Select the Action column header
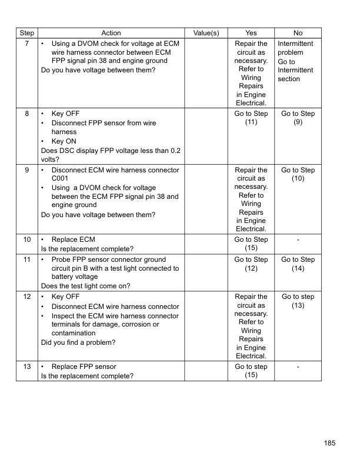111,34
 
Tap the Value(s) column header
206,34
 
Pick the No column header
298,34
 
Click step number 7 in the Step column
27,44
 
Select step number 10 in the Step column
27,240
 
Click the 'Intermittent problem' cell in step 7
295,48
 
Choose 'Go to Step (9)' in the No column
298,118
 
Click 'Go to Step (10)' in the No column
298,175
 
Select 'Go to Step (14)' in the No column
298,264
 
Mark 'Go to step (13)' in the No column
298,301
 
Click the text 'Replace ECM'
73,240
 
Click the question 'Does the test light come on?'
86,286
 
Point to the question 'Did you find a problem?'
78,342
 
